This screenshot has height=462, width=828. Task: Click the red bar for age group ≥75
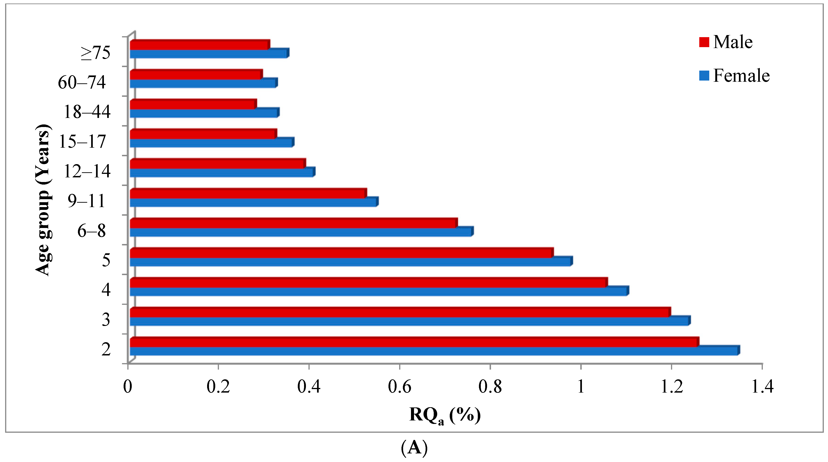199,45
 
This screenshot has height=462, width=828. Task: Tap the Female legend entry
735,76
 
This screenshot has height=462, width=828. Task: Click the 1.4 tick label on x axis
762,386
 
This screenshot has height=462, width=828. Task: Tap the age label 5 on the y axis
106,260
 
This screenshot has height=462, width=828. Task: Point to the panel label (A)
414,448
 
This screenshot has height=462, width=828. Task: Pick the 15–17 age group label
82,142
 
